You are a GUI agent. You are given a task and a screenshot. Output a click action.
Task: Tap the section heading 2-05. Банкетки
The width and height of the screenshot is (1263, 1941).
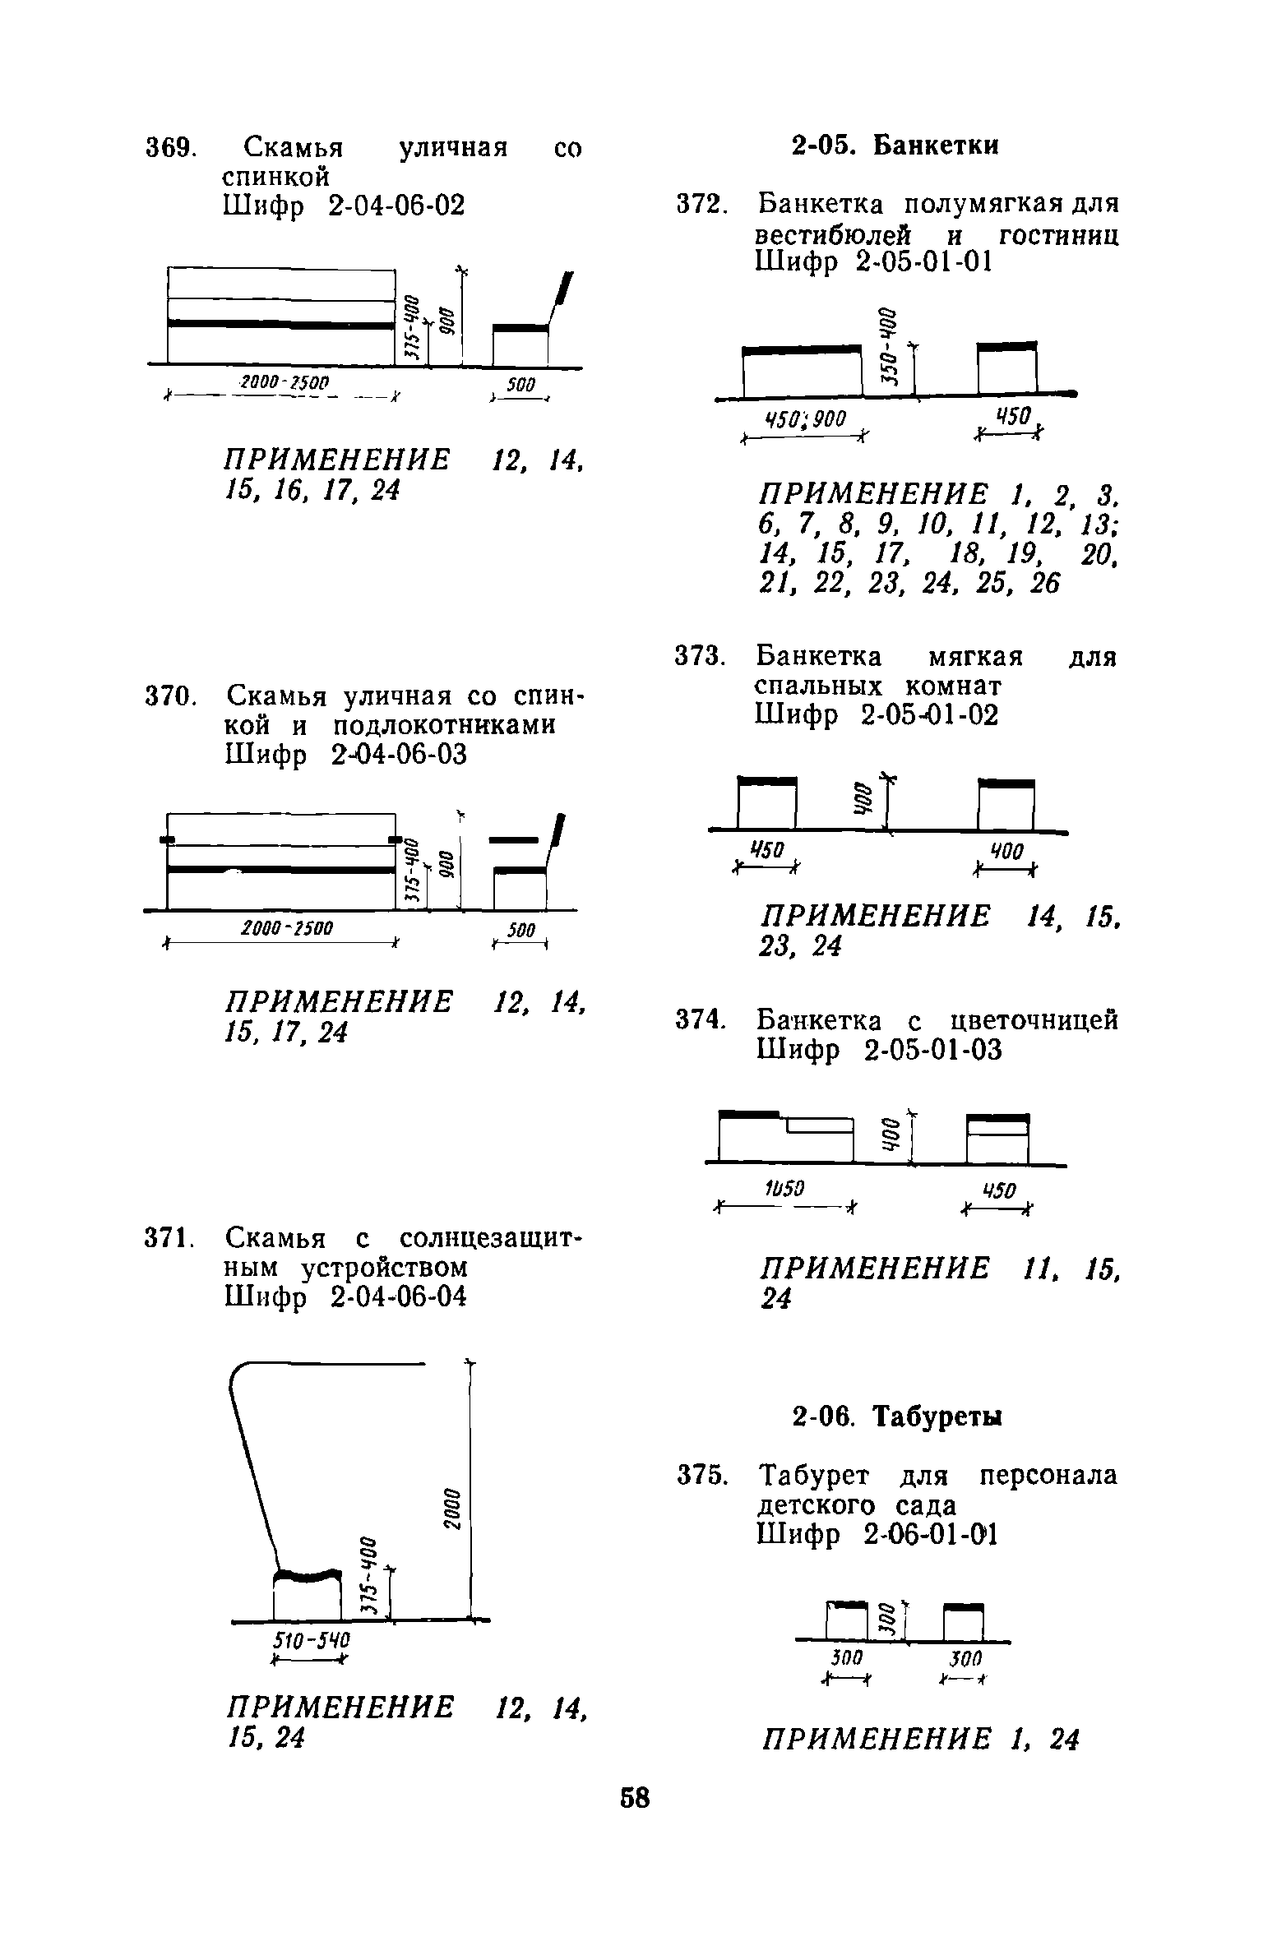tap(895, 146)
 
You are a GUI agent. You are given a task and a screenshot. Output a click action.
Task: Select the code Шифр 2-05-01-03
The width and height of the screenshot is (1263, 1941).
tap(879, 1050)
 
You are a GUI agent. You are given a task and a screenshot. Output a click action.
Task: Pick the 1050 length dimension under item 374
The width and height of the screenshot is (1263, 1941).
tap(784, 1187)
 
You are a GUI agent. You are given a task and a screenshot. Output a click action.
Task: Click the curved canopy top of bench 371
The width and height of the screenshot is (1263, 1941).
tap(329, 1366)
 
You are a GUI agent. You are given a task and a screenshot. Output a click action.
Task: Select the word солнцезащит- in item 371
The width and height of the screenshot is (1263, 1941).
tap(490, 1237)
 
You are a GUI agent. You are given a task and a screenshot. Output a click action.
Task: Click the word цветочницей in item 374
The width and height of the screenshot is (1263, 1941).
tap(1033, 1020)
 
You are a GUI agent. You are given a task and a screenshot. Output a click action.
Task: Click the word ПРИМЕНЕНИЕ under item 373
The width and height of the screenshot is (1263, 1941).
tap(877, 915)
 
